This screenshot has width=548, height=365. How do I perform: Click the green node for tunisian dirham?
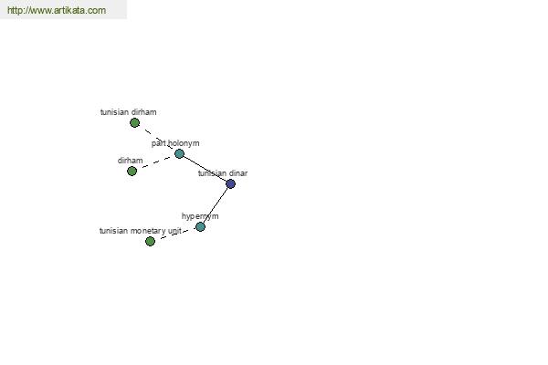click(x=134, y=122)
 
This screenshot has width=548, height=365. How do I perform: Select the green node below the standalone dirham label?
click(x=132, y=172)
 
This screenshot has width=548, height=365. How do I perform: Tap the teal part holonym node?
click(x=179, y=153)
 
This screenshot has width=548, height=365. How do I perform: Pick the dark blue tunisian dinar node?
click(x=231, y=183)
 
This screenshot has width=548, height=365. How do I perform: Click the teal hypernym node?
click(x=200, y=226)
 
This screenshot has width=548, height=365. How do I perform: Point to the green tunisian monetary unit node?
click(x=150, y=241)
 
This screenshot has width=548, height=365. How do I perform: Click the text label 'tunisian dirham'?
click(x=128, y=112)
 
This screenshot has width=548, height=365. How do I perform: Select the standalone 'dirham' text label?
click(x=130, y=161)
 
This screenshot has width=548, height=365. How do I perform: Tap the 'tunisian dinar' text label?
click(x=223, y=173)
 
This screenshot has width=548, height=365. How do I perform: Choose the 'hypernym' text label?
click(x=200, y=216)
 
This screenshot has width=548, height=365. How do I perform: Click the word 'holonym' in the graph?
click(x=184, y=143)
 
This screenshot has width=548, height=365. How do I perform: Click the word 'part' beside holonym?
click(x=159, y=143)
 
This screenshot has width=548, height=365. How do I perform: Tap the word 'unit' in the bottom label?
click(x=174, y=231)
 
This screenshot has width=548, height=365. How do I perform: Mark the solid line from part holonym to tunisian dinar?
click(x=205, y=169)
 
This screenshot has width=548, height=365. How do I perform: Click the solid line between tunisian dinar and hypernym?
click(x=216, y=205)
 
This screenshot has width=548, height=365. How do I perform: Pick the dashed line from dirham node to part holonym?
click(x=156, y=162)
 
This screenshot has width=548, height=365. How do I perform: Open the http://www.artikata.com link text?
click(x=57, y=10)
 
